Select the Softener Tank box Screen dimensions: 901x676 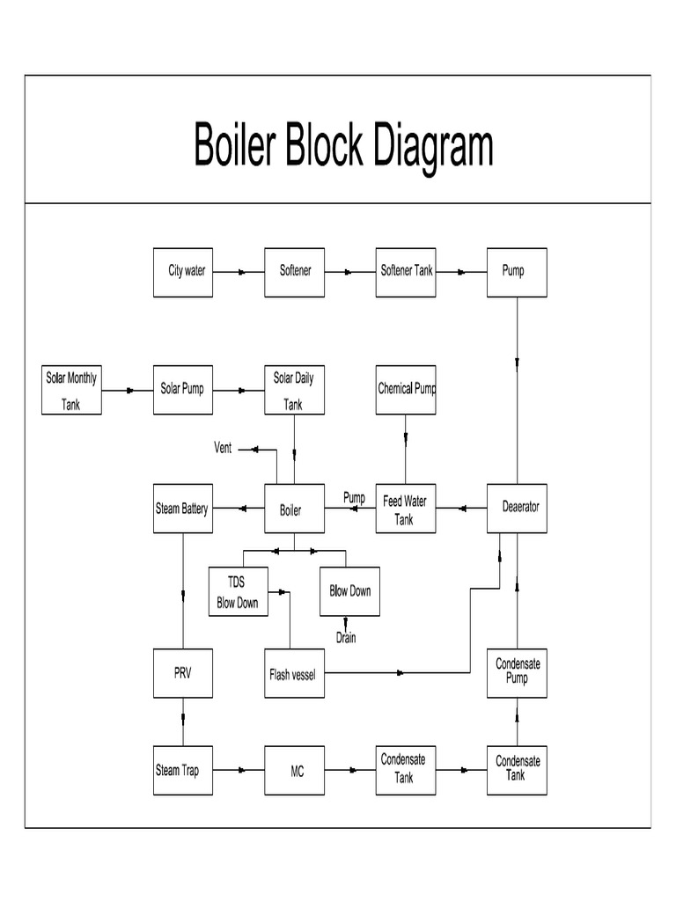pyautogui.click(x=406, y=272)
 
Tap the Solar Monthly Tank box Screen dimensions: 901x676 pyautogui.click(x=72, y=390)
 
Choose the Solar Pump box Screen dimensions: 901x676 pyautogui.click(x=182, y=390)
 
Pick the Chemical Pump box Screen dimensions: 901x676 pyautogui.click(x=406, y=390)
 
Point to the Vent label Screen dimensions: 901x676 pyautogui.click(x=224, y=448)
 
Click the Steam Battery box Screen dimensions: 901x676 pyautogui.click(x=182, y=509)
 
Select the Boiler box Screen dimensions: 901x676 pyautogui.click(x=294, y=509)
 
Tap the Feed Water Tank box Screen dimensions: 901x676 pyautogui.click(x=406, y=509)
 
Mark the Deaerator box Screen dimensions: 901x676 pyautogui.click(x=518, y=509)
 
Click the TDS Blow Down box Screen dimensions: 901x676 pyautogui.click(x=238, y=591)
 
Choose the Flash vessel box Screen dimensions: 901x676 pyautogui.click(x=294, y=674)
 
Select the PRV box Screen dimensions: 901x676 pyautogui.click(x=182, y=674)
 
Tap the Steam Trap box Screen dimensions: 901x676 pyautogui.click(x=182, y=770)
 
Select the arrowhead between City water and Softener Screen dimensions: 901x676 pyautogui.click(x=241, y=272)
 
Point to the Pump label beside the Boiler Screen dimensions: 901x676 pyautogui.click(x=354, y=498)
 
